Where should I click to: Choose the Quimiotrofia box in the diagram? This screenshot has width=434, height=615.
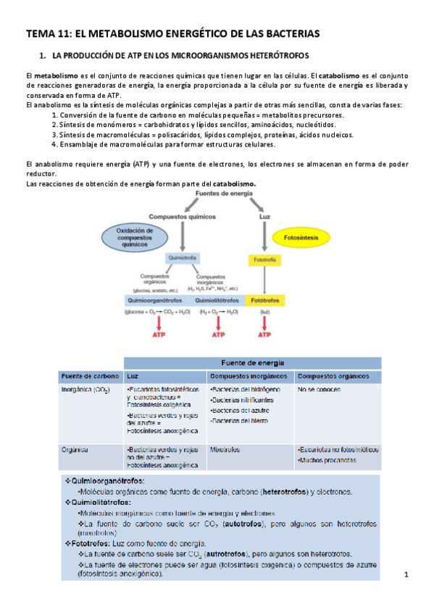tap(183, 258)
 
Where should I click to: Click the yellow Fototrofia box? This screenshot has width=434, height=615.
tap(262, 259)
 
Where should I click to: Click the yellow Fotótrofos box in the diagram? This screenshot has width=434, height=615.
tap(264, 300)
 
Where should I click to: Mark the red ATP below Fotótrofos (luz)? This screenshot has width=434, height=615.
tap(264, 335)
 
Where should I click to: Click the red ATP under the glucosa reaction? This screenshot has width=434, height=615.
tap(157, 335)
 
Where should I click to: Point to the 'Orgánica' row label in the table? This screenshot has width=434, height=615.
tap(75, 449)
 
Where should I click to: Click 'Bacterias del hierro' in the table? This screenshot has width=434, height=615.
tap(240, 421)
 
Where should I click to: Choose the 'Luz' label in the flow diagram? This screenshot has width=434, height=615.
tap(264, 216)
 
